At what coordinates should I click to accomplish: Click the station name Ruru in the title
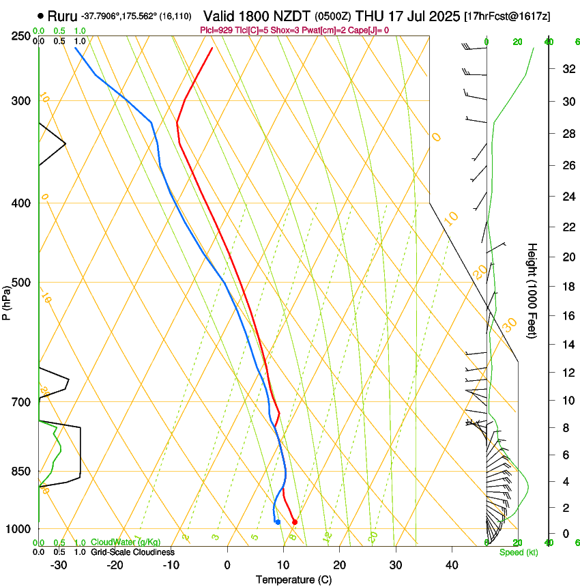click(62, 14)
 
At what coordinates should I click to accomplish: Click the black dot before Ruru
click(41, 15)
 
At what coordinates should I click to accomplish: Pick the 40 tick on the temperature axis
click(451, 564)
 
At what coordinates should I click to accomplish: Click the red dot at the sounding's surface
click(294, 522)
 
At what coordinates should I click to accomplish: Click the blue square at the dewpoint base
click(278, 522)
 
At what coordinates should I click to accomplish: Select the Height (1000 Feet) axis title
click(532, 290)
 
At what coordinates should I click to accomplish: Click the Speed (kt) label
click(518, 552)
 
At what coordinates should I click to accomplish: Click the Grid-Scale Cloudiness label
click(132, 552)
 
